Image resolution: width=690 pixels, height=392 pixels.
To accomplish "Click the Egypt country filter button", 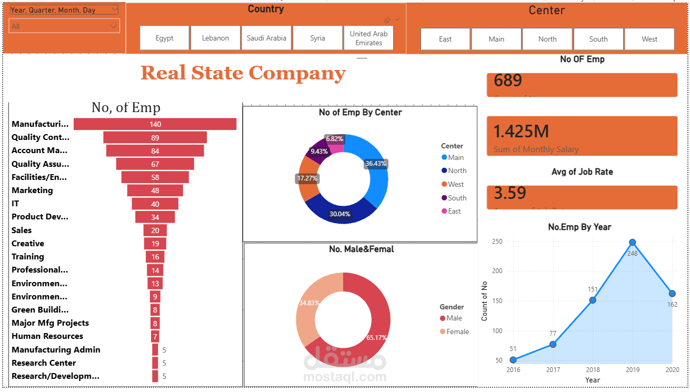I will [164, 38].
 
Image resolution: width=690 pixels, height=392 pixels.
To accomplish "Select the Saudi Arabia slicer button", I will [266, 38].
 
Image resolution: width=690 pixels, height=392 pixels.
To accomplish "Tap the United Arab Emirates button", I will [368, 38].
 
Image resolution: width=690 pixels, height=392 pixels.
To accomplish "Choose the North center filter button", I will [547, 39].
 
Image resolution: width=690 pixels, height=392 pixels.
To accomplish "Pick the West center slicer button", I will [649, 39].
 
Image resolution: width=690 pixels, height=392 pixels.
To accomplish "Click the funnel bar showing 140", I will [155, 124].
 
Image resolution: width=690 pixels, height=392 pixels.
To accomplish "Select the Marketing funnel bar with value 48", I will [155, 190].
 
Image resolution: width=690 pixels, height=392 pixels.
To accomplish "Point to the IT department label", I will [17, 204].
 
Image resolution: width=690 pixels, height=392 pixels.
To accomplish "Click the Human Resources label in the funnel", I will [47, 336].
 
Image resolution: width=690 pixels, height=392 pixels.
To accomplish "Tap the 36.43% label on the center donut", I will [376, 164].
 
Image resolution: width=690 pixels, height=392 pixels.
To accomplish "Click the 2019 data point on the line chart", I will [633, 243].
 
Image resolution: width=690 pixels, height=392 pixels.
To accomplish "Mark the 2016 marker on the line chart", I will [513, 360].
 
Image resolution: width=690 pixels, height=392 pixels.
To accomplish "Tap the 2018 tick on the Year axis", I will [593, 370].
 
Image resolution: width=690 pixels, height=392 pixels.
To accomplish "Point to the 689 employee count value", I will [508, 81].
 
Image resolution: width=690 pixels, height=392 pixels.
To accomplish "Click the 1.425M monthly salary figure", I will [521, 131].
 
